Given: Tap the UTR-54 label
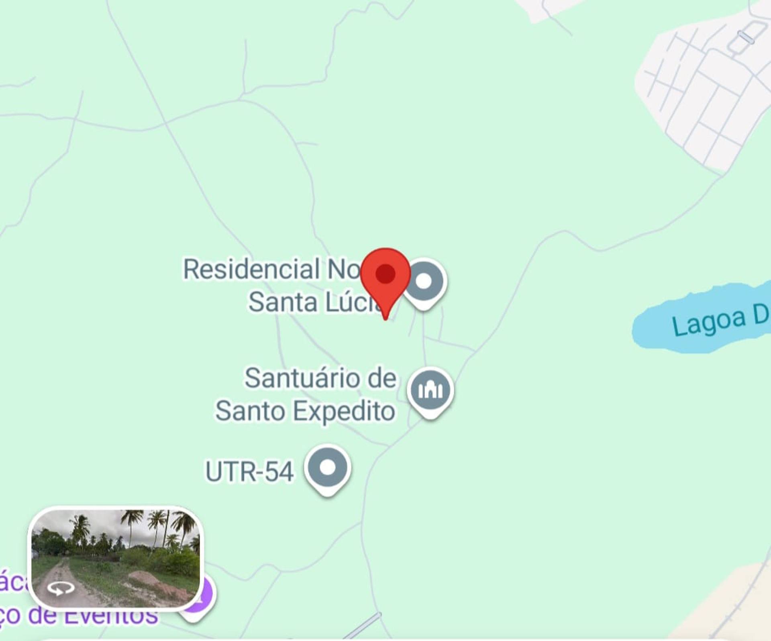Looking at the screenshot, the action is coord(249,471).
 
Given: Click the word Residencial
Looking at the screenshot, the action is coord(251,269).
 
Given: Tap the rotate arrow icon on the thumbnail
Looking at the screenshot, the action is coord(61,589).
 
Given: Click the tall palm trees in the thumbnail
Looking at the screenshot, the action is coord(161,526).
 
